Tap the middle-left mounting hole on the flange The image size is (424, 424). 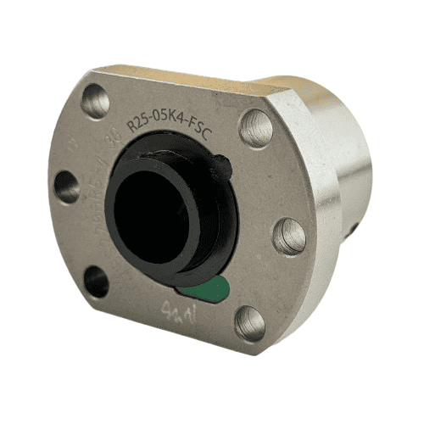click(67, 187)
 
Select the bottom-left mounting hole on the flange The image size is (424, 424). click(96, 282)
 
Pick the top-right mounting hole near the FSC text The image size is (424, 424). click(255, 130)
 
